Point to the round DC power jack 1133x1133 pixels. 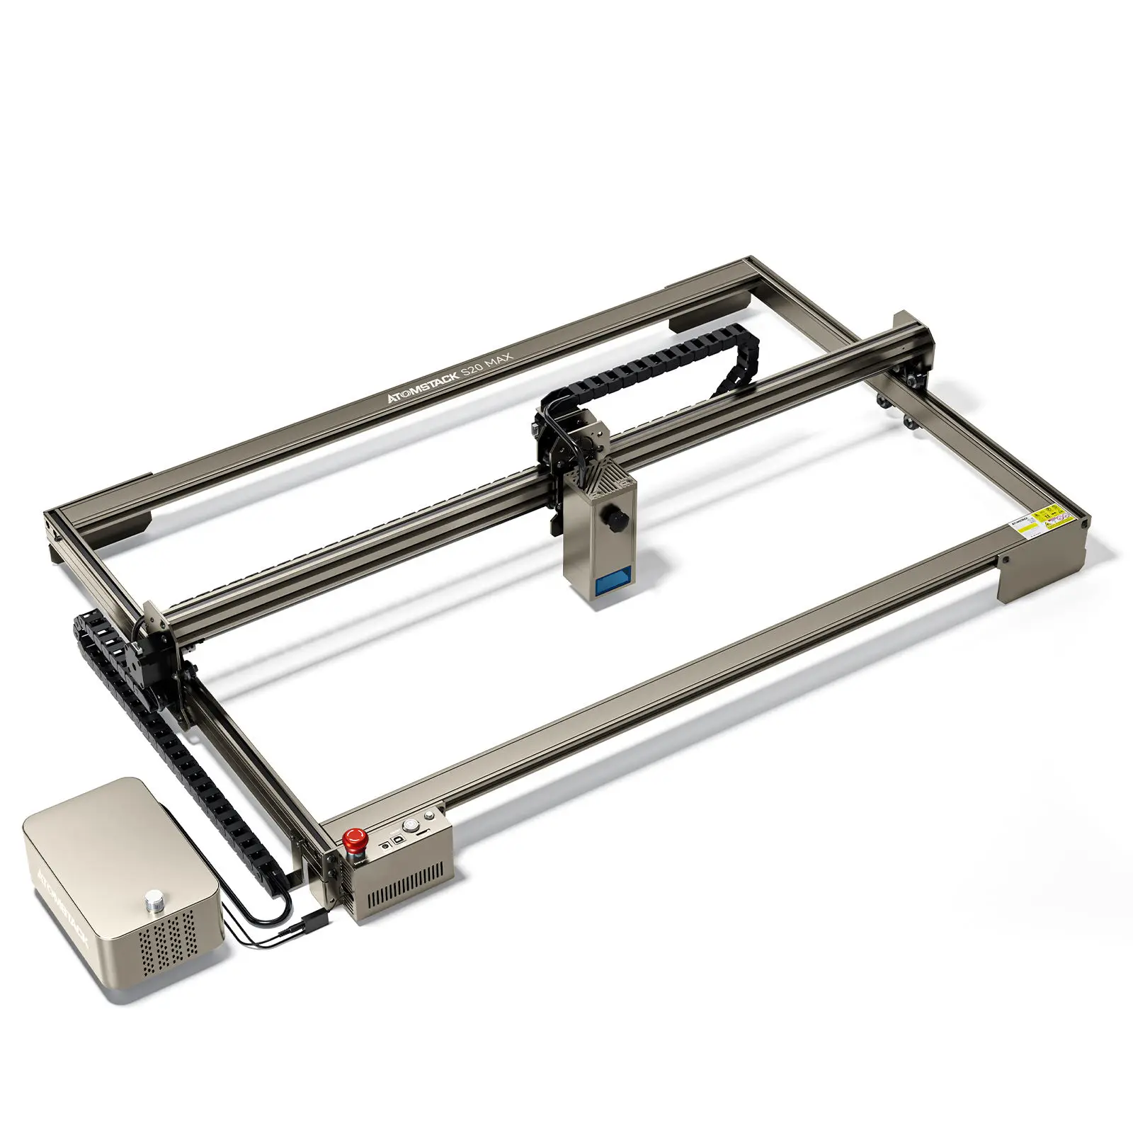(385, 846)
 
